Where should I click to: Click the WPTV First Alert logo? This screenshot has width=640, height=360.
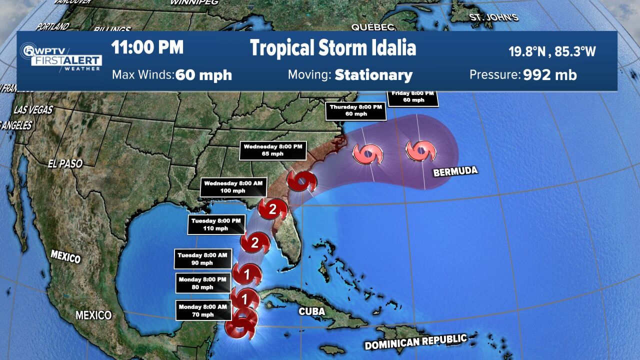click(61, 57)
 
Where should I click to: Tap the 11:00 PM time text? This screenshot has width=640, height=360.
click(147, 48)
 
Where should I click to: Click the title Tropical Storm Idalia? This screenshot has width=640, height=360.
click(333, 48)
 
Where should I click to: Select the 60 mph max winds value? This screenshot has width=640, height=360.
click(203, 75)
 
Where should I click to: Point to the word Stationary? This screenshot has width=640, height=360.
click(373, 75)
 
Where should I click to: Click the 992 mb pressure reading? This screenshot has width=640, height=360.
click(550, 75)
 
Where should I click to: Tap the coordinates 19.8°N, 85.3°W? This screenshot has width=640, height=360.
click(552, 51)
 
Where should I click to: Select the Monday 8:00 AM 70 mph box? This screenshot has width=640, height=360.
click(203, 310)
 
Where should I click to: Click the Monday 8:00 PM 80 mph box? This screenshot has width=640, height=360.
click(203, 283)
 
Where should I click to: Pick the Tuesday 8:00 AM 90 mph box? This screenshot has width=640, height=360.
click(203, 259)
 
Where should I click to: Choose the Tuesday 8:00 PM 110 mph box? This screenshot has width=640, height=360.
click(216, 224)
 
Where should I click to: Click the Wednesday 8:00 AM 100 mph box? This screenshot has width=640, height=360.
click(225, 187)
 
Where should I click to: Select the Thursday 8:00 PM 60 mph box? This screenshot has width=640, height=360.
click(355, 110)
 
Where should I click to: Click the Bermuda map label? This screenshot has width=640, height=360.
click(455, 171)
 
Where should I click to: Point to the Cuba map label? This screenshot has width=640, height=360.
click(312, 311)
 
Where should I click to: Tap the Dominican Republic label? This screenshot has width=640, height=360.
click(415, 342)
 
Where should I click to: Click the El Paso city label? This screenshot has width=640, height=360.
click(65, 163)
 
